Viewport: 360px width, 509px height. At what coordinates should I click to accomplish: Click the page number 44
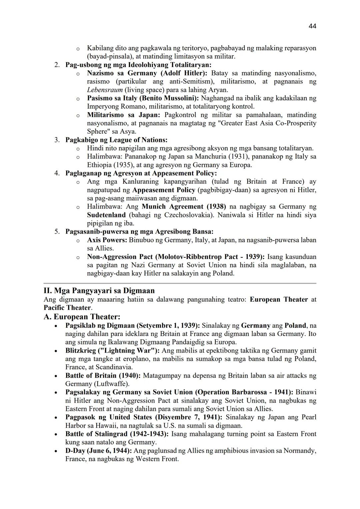click(312, 26)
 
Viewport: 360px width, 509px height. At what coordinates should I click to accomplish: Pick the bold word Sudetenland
click(106, 215)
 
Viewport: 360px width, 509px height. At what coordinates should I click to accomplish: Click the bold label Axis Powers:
click(107, 240)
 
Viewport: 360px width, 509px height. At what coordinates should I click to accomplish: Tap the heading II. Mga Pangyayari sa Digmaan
click(99, 290)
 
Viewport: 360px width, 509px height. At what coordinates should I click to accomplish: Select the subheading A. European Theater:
click(82, 317)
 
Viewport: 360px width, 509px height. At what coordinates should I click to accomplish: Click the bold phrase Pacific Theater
click(67, 308)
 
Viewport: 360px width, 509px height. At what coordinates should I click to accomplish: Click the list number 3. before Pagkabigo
click(57, 140)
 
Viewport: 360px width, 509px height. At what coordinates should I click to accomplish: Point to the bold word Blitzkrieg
click(80, 351)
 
